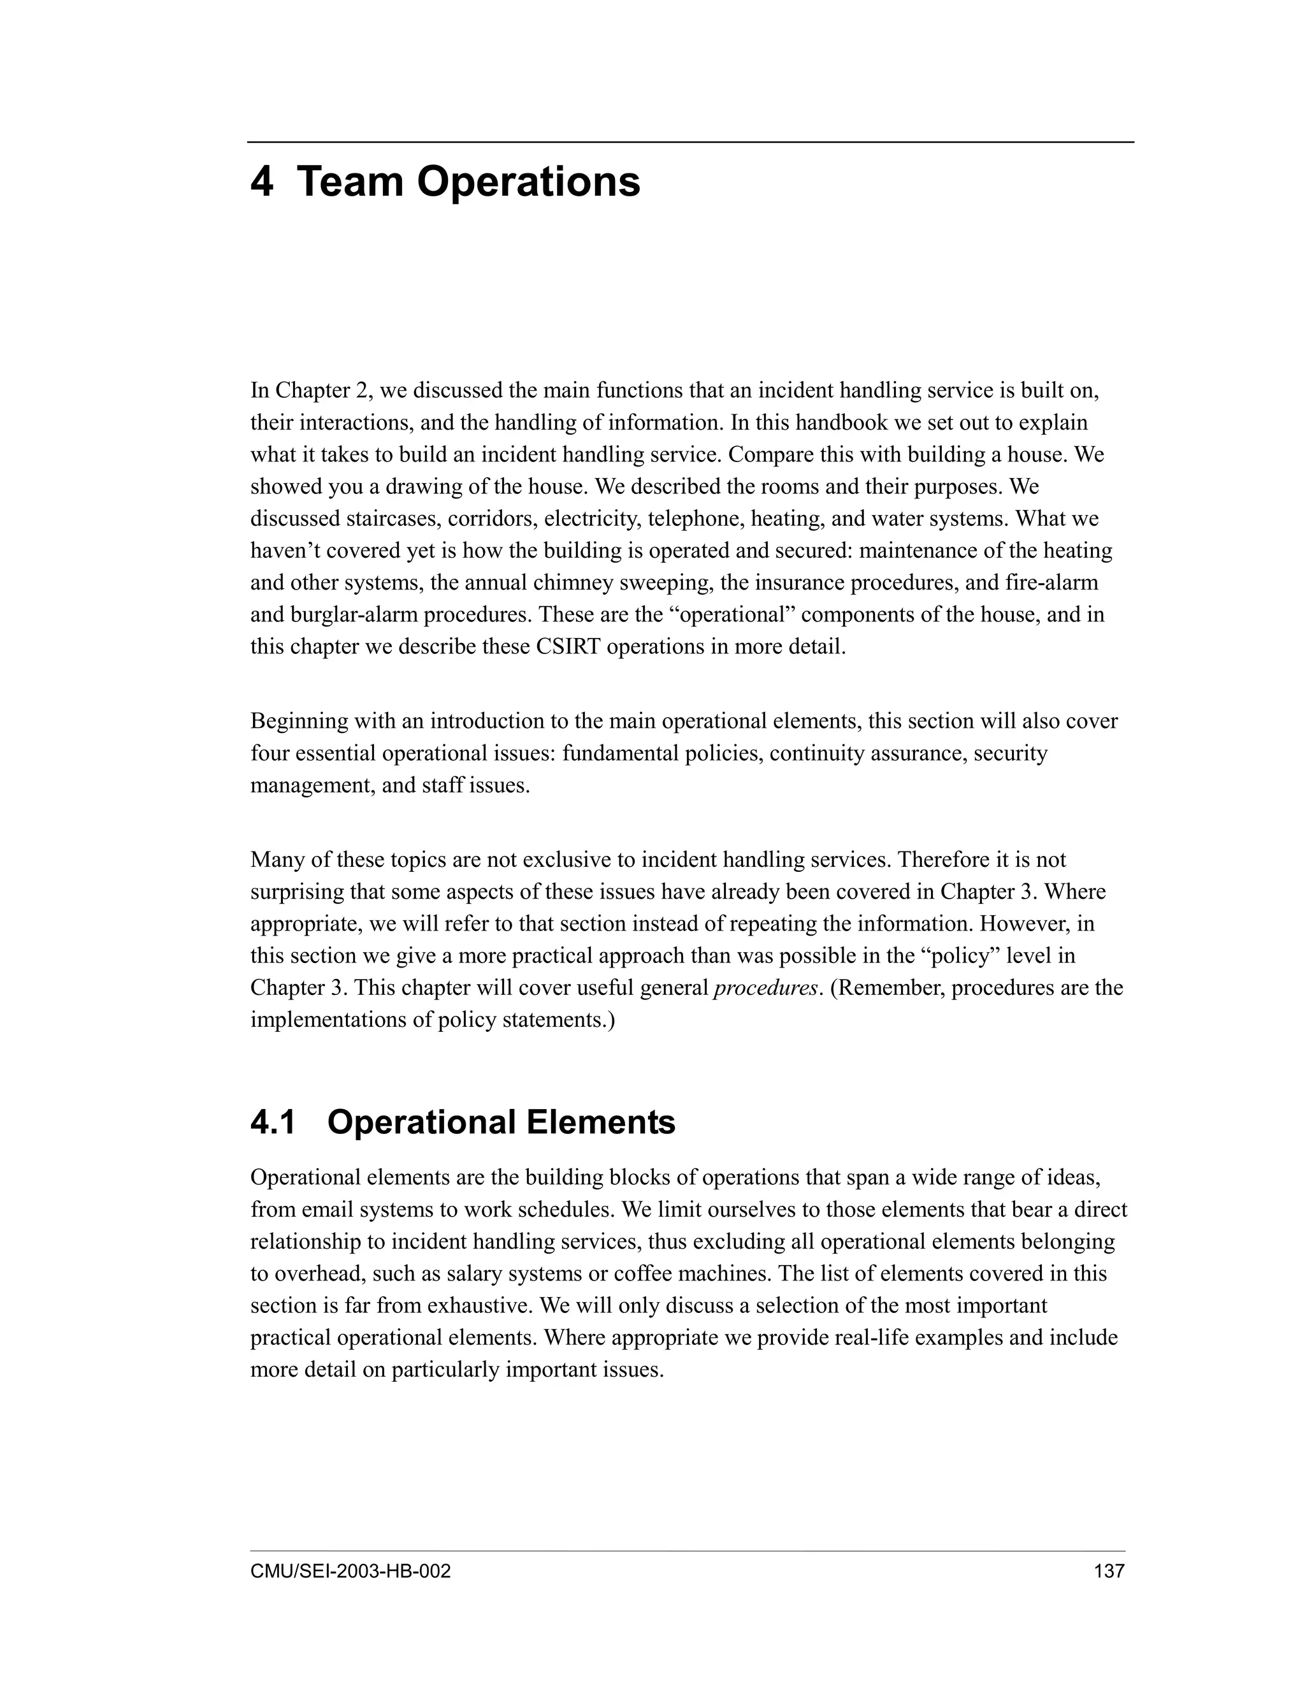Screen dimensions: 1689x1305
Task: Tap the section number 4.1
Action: point(273,1122)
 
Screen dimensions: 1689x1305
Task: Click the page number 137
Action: point(1109,1570)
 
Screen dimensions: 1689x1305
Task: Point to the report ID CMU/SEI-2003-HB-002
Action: point(350,1570)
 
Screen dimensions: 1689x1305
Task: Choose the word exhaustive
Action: point(479,1306)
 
